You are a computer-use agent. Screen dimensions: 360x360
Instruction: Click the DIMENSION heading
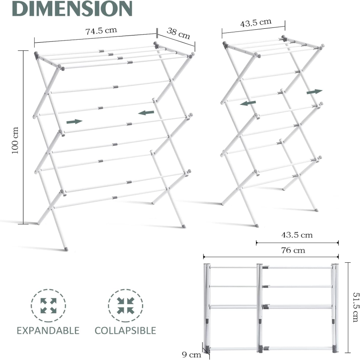(x=72, y=8)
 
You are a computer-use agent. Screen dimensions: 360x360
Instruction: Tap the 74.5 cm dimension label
(x=101, y=31)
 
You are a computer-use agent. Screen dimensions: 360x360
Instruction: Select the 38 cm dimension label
(x=178, y=33)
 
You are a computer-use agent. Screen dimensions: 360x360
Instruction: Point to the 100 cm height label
(x=15, y=140)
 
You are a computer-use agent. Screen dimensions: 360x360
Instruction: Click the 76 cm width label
(x=293, y=250)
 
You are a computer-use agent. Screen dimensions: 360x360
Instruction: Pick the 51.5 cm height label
(x=355, y=307)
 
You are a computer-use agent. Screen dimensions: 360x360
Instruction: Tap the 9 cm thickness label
(x=192, y=355)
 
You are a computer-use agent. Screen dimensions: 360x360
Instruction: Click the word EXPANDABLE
(x=48, y=331)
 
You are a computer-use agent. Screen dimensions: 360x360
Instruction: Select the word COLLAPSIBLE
(x=126, y=331)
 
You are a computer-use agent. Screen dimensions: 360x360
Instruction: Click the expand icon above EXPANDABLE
(x=49, y=306)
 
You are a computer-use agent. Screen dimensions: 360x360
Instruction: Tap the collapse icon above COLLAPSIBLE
(x=126, y=306)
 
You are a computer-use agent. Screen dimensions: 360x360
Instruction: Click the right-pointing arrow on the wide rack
(x=74, y=121)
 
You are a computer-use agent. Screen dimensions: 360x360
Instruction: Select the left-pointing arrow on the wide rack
(x=146, y=113)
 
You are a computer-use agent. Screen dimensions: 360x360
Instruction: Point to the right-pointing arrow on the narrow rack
(x=315, y=92)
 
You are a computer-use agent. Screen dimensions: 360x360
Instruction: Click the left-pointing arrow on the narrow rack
(x=248, y=103)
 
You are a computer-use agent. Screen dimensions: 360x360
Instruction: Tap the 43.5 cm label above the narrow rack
(x=256, y=23)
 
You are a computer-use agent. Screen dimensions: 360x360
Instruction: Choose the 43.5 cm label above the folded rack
(x=297, y=235)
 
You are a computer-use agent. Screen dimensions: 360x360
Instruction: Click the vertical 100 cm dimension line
(x=23, y=137)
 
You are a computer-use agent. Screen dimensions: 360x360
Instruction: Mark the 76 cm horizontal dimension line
(x=271, y=256)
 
